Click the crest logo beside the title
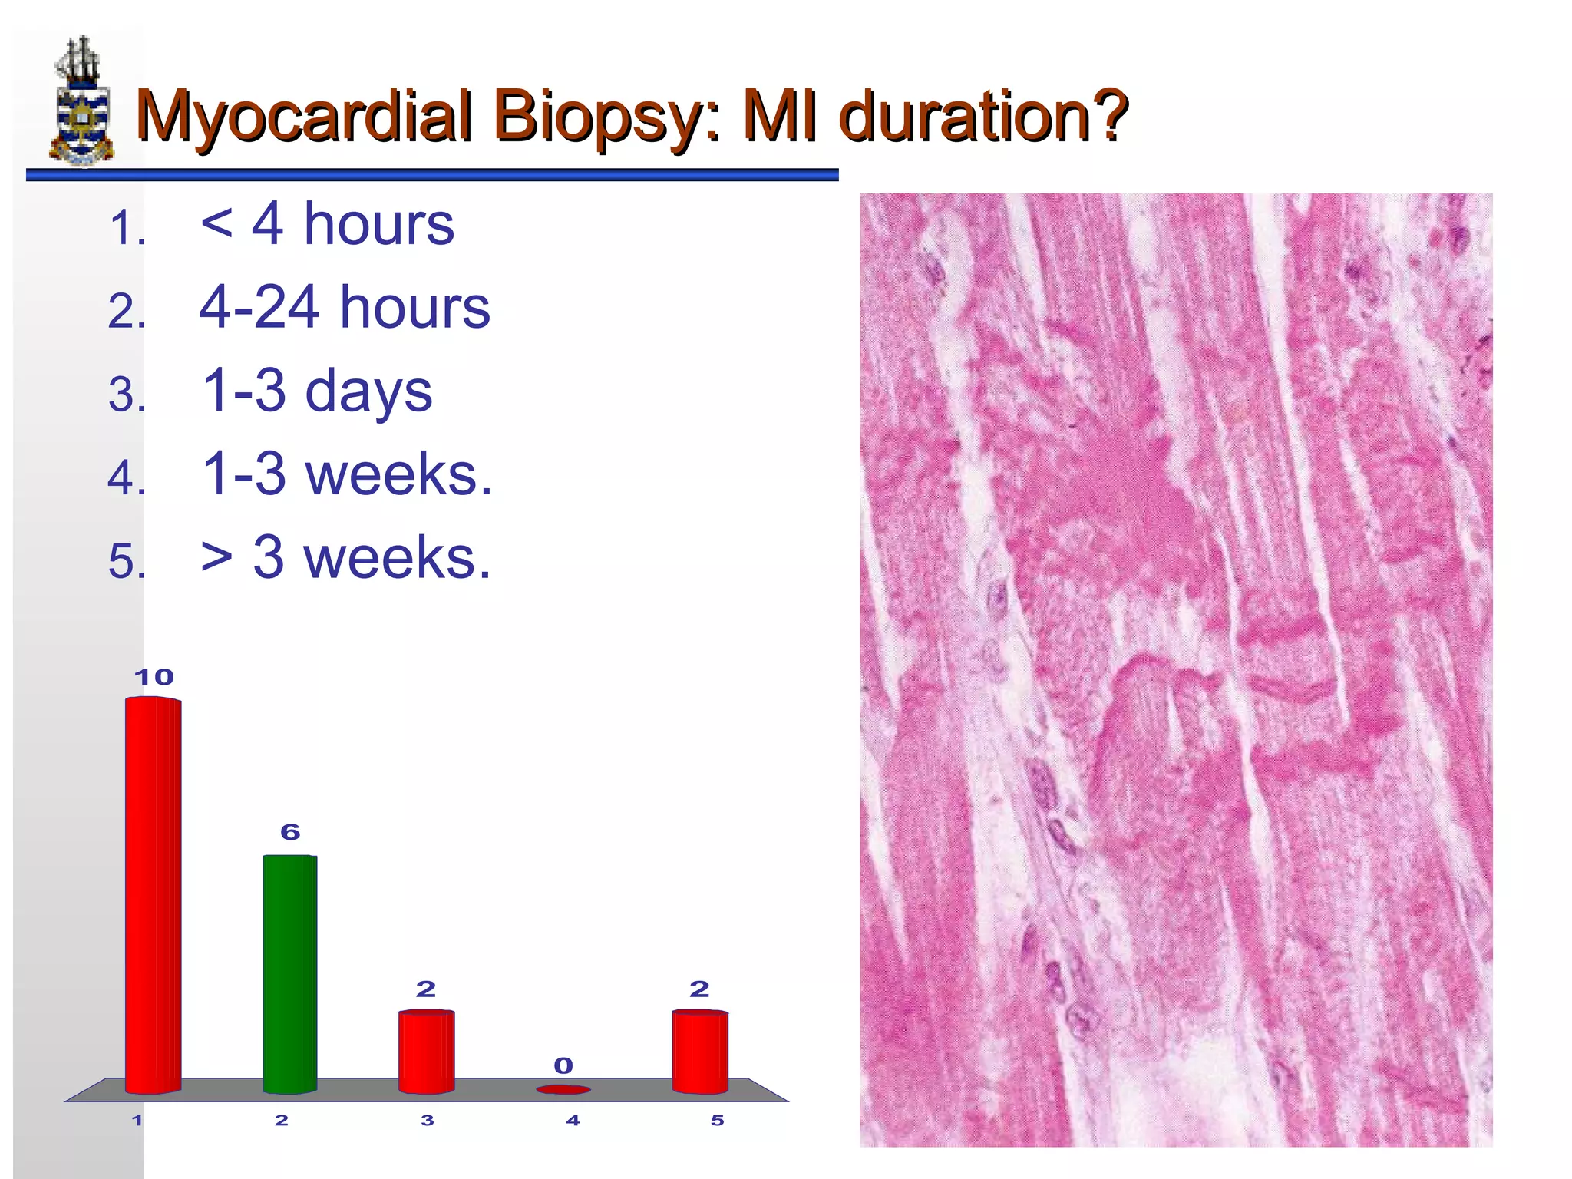81,101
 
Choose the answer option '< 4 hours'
327,224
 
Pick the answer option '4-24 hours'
344,307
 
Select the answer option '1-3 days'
316,391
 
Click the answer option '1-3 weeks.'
346,474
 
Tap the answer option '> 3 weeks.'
345,557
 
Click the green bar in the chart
289,973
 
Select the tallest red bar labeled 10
154,894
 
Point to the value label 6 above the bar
290,832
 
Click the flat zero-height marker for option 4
563,1089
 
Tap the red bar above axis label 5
699,1052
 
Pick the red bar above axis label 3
426,1052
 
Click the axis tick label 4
573,1121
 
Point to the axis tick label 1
137,1121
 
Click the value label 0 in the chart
563,1065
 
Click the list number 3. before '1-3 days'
127,395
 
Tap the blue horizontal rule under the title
431,176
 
